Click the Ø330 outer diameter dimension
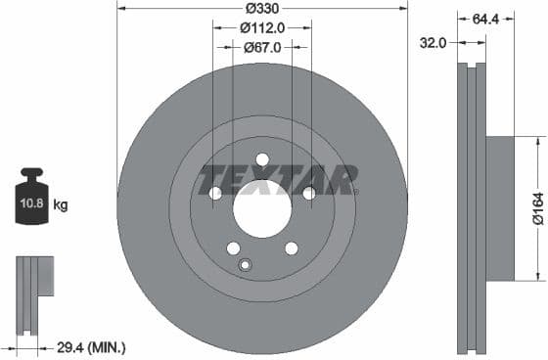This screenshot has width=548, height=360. click(261, 8)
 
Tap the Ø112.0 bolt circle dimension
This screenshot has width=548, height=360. click(261, 27)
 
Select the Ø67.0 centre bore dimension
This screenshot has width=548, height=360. click(261, 46)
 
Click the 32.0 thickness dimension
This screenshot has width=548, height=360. click(434, 42)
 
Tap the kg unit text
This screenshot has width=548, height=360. click(61, 205)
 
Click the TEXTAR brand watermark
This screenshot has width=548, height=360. click(264, 180)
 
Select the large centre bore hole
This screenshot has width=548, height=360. click(262, 207)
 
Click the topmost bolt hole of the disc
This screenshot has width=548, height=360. click(262, 159)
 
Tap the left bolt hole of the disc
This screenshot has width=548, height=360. click(216, 193)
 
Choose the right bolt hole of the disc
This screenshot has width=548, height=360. click(308, 193)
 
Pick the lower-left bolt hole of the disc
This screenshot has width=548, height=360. click(233, 247)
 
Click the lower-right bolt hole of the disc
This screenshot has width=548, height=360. click(292, 247)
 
